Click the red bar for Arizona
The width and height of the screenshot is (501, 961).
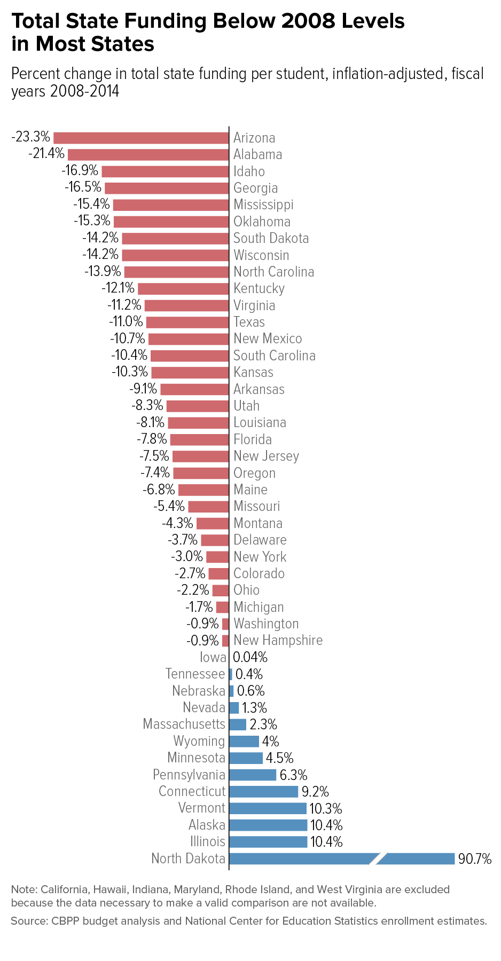pos(141,138)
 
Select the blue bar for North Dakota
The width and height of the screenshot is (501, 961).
pos(299,858)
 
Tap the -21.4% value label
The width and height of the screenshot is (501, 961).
pos(46,154)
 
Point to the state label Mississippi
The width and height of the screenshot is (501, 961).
pos(263,204)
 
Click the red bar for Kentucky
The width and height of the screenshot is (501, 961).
pos(183,289)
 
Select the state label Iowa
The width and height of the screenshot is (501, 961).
pos(213,657)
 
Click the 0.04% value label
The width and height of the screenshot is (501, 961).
pos(250,657)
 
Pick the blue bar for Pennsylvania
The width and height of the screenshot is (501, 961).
pos(253,775)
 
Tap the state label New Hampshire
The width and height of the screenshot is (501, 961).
pos(278,640)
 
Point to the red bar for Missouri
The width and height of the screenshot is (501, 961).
pos(208,507)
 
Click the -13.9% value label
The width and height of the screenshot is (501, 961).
pos(103,272)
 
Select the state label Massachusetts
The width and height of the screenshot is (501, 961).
pos(184,724)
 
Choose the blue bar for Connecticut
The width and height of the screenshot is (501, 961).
pos(263,791)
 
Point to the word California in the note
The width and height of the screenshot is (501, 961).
pos(64,889)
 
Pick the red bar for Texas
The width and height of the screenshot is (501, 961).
pos(187,322)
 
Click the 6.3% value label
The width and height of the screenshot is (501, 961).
pos(293,775)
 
